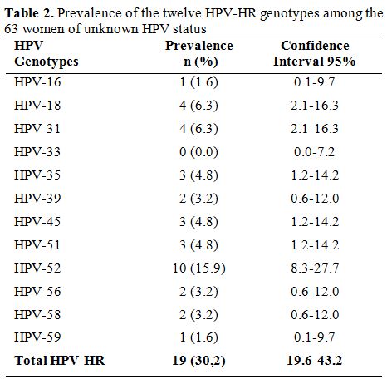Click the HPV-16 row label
(x=37, y=82)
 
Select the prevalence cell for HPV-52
(x=199, y=268)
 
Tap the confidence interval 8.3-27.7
(x=315, y=268)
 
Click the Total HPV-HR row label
(x=60, y=361)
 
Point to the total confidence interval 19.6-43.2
(x=315, y=361)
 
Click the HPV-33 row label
(x=37, y=152)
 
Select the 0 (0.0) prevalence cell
(x=198, y=152)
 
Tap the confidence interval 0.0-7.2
(x=315, y=152)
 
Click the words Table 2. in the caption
(x=29, y=13)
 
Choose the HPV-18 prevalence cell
(x=198, y=106)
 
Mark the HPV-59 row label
(x=37, y=337)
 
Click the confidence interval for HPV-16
(x=315, y=82)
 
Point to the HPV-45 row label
(x=37, y=222)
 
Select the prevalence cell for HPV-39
(x=198, y=199)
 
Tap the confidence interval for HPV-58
(x=315, y=315)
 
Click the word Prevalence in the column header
(x=199, y=46)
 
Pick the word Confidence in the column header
(x=315, y=46)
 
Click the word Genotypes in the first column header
(x=47, y=62)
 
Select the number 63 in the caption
(x=11, y=29)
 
